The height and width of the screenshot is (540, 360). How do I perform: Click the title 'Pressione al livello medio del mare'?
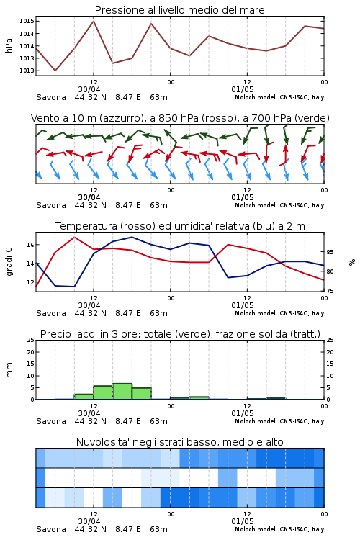pos(179,10)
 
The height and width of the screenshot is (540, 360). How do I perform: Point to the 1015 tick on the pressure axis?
pos(27,21)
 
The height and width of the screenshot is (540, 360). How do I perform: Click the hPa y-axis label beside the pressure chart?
pos(9,45)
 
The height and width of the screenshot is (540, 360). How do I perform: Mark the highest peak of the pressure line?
pos(94,21)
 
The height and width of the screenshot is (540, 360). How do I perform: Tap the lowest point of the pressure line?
pos(55,71)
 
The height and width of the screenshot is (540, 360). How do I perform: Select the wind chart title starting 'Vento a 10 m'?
pos(180,118)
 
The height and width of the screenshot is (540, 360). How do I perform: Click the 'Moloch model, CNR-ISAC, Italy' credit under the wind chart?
pos(279,205)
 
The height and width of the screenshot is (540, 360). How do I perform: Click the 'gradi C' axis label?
pos(9,262)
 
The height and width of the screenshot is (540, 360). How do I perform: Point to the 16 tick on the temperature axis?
pos(30,245)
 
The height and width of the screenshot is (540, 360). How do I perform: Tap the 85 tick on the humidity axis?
pos(330,252)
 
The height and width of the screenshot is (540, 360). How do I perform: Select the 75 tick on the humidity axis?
pos(330,291)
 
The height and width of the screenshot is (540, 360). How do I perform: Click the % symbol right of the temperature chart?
pos(352,262)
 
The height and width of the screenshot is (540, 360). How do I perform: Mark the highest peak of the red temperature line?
pos(74,238)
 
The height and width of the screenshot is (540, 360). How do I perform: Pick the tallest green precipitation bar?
pos(122,392)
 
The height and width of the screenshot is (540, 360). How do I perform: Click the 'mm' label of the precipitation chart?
pos(9,370)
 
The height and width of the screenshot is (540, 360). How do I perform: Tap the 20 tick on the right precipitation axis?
pos(330,352)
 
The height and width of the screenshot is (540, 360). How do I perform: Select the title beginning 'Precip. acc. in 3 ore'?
pos(180,334)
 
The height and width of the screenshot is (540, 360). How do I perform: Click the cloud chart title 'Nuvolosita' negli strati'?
pos(179,442)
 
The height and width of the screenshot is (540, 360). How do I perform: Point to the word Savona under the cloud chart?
pos(51,529)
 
